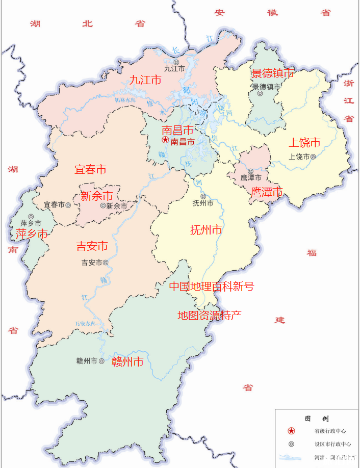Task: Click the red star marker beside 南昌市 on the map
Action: coord(165,140)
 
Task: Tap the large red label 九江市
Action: coord(145,80)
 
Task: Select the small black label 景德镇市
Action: coord(266,86)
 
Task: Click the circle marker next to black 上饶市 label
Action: coord(313,157)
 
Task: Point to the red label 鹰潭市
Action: coord(267,192)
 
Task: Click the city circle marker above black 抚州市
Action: coord(203,196)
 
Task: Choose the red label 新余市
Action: coord(97,196)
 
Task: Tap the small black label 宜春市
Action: coord(54,204)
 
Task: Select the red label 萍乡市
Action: coord(32,234)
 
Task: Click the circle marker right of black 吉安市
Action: coord(106,263)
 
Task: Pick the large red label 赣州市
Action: coord(127,362)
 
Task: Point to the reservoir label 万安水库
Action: coord(85,323)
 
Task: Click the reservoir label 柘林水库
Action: coord(124,100)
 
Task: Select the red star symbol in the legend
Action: coord(291,431)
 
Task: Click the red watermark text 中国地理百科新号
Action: coord(211,287)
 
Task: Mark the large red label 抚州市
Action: coord(206,230)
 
